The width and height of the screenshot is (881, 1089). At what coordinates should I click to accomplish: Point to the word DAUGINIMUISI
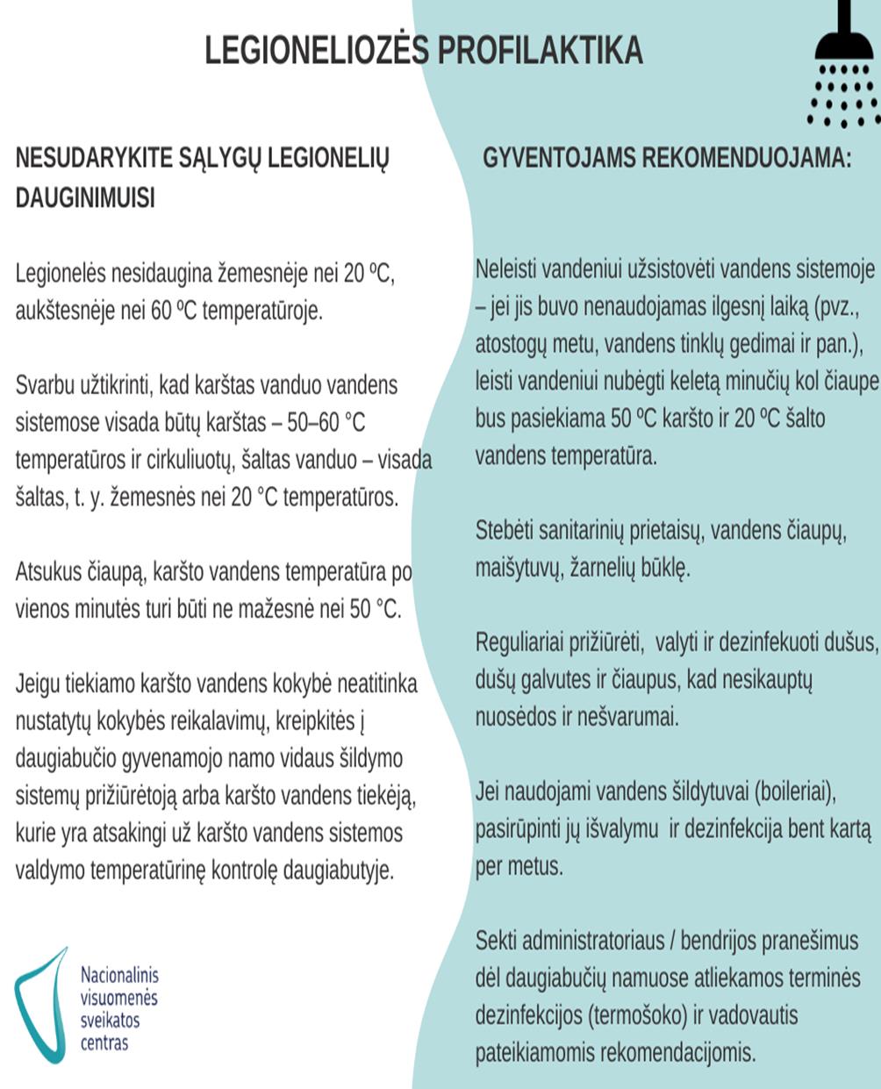(85, 198)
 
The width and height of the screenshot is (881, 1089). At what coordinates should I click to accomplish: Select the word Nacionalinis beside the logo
(119, 975)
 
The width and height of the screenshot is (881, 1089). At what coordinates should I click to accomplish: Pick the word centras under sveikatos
(104, 1043)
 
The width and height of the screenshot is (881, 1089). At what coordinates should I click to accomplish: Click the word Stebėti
(505, 530)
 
